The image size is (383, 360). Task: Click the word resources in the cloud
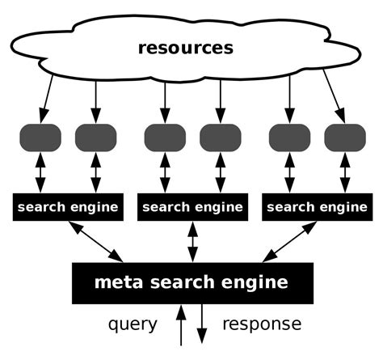tap(185, 48)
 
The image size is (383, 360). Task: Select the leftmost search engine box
tap(69, 207)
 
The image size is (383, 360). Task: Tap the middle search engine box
tap(192, 207)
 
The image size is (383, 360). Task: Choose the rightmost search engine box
tap(317, 207)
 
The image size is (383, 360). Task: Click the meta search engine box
tap(191, 282)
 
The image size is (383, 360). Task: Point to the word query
tap(133, 325)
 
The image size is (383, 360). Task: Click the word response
tap(261, 325)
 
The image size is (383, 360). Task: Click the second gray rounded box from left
tap(96, 137)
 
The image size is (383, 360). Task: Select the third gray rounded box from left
tap(165, 137)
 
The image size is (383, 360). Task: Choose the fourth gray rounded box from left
tap(221, 137)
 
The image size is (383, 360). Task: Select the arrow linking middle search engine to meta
tap(192, 241)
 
